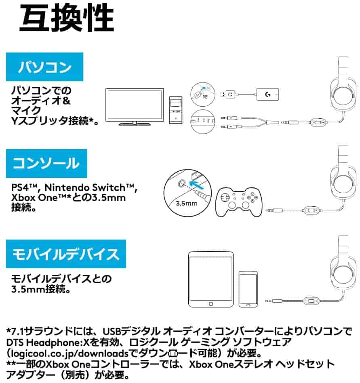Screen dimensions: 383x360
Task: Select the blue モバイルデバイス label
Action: [66, 254]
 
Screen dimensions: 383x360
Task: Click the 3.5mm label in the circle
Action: [187, 203]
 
